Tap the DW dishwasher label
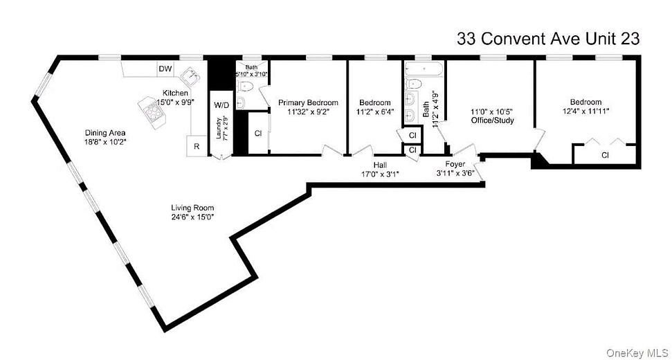click(165, 69)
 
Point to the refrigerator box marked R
click(196, 147)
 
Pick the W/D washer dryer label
click(221, 105)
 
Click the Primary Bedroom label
click(308, 102)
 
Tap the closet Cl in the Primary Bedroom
click(257, 133)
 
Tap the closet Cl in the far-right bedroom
click(604, 154)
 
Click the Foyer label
click(455, 165)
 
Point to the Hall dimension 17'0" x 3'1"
click(380, 174)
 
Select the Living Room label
click(192, 208)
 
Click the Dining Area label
click(104, 132)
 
